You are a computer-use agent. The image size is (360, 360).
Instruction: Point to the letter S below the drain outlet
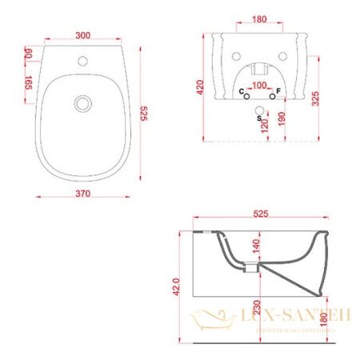pos(258,118)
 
